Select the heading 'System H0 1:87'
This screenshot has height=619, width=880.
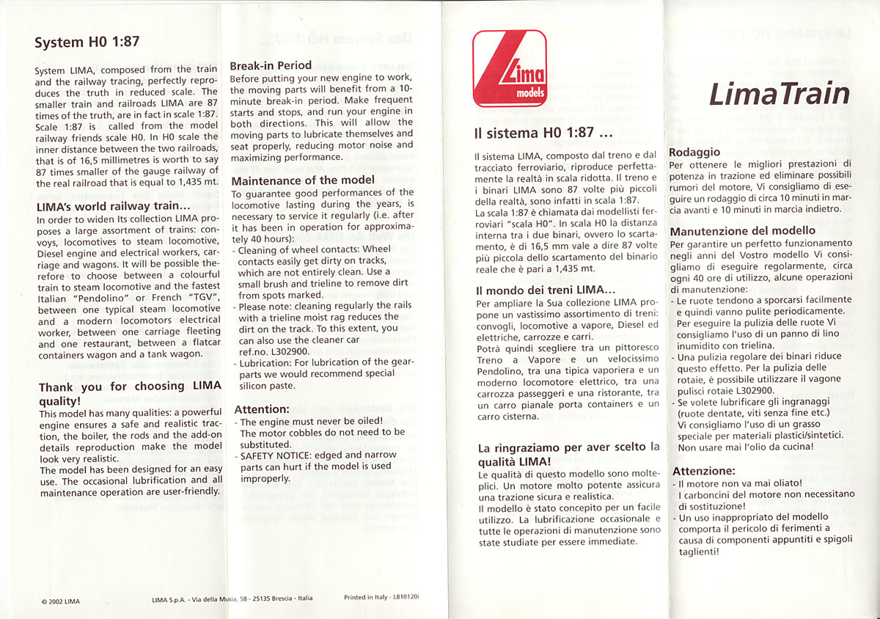(87, 42)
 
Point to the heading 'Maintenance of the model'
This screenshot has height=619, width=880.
(304, 180)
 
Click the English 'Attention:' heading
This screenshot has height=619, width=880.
(262, 409)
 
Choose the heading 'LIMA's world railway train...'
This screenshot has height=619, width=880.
(113, 207)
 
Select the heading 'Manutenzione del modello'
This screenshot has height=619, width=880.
(743, 231)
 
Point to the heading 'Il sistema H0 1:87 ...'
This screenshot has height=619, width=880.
(543, 134)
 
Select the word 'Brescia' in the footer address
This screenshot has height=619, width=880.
(280, 598)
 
